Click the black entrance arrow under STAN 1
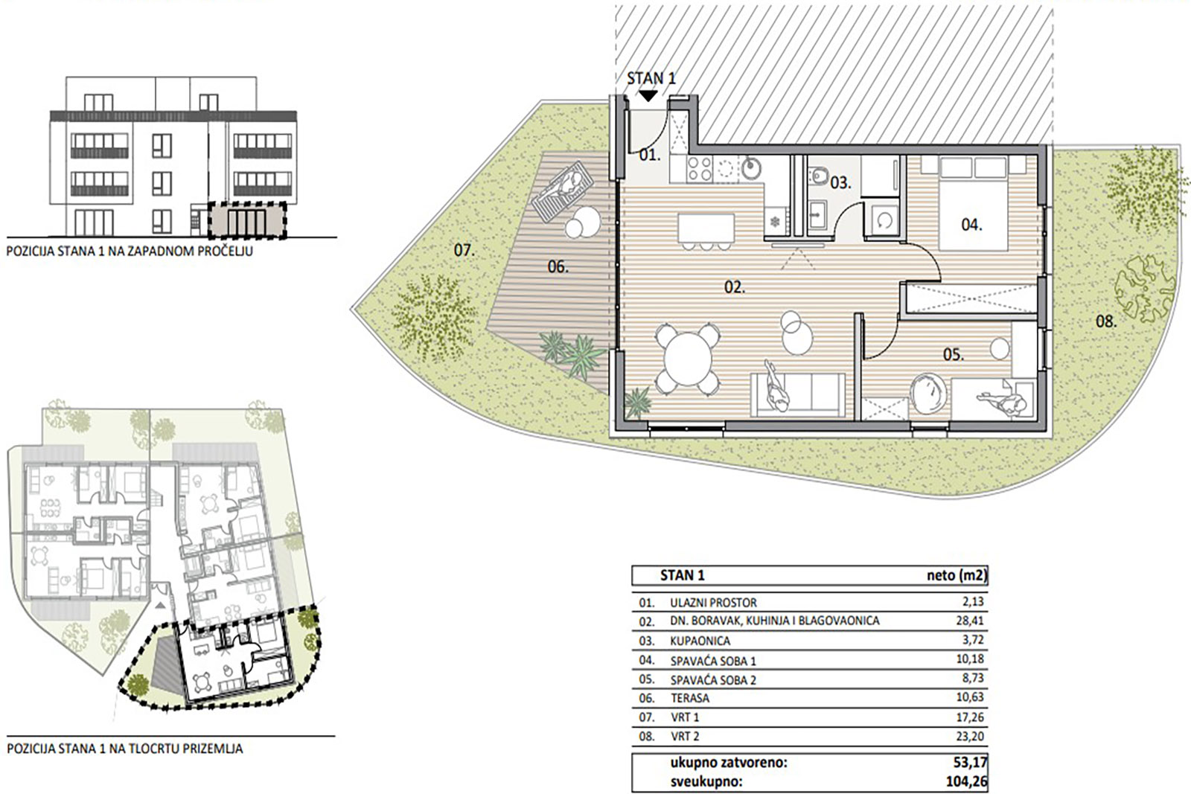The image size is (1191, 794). tap(648, 96)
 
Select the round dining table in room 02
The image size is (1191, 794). tap(688, 359)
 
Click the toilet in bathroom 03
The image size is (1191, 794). tap(820, 175)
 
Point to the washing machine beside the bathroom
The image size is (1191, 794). tap(885, 220)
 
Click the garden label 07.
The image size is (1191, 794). tap(464, 250)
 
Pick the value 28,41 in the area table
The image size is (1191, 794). tap(970, 620)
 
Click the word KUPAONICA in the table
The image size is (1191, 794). tap(700, 641)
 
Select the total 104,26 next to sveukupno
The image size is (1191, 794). tap(967, 781)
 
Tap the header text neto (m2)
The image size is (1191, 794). tap(957, 575)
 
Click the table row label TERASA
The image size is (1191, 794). tap(689, 698)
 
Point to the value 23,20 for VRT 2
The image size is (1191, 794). tap(970, 736)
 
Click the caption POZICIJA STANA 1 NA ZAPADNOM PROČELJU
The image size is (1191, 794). tap(130, 251)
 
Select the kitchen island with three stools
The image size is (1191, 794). tap(706, 231)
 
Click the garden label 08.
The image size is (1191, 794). tap(1106, 321)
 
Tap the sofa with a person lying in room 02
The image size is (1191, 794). tap(797, 394)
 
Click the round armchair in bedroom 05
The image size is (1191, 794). tap(929, 394)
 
